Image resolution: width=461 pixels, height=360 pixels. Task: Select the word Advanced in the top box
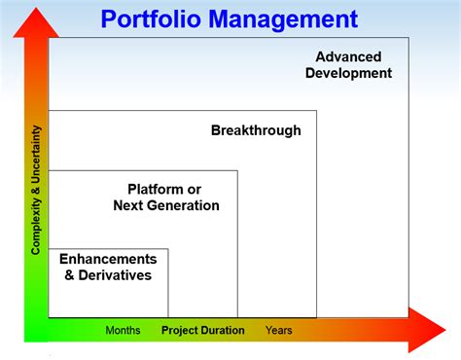(x=348, y=56)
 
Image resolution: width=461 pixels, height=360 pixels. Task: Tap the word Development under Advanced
(x=348, y=73)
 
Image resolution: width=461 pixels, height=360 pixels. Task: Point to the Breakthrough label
(x=256, y=130)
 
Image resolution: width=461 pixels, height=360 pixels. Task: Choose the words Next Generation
(x=166, y=205)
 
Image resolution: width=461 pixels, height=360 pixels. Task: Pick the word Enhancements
(x=108, y=259)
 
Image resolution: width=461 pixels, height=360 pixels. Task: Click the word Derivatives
(x=115, y=275)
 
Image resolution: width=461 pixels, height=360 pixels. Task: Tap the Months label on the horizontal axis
(x=123, y=331)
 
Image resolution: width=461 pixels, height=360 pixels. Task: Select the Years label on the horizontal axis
(x=278, y=331)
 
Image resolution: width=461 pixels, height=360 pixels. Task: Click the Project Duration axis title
(x=202, y=331)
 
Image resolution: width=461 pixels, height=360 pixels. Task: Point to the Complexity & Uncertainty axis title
(x=36, y=189)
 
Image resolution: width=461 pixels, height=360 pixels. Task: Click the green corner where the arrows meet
(x=35, y=330)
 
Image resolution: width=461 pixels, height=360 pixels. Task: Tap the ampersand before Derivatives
(x=69, y=275)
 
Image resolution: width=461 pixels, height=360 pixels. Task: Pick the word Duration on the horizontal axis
(x=224, y=331)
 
